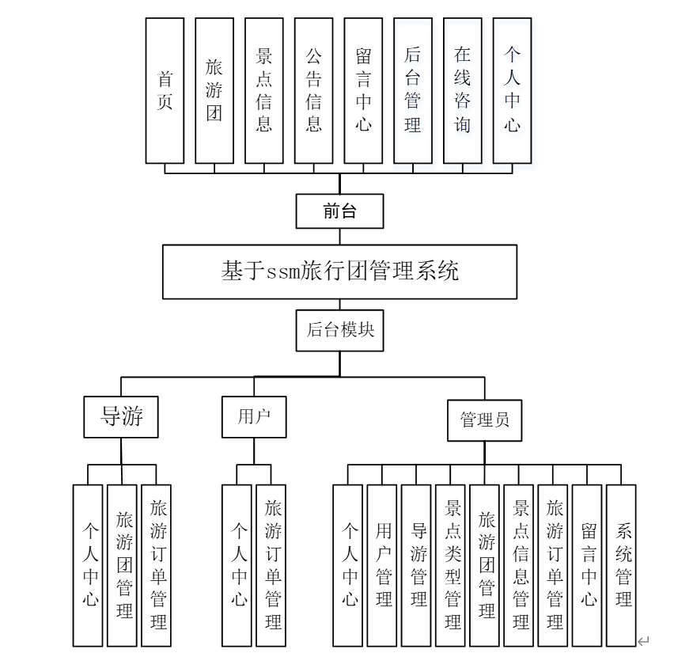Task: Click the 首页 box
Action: click(x=165, y=90)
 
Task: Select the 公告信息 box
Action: click(x=313, y=90)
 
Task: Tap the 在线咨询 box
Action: click(x=463, y=90)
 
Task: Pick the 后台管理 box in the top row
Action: click(x=413, y=90)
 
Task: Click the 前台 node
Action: click(x=339, y=211)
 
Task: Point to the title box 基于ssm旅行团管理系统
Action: click(x=339, y=271)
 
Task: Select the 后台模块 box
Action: click(x=339, y=330)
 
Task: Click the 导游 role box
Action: click(x=121, y=416)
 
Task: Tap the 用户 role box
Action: click(x=254, y=416)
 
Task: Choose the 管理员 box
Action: click(x=485, y=420)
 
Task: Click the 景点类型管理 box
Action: click(x=453, y=564)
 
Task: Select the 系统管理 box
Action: click(x=623, y=564)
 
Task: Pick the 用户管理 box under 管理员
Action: click(x=384, y=564)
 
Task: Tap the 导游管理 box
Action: click(x=418, y=564)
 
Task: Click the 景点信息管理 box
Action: click(x=521, y=564)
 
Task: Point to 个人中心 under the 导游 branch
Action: click(x=88, y=564)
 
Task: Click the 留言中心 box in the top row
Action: click(x=363, y=90)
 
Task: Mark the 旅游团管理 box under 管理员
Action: click(x=487, y=564)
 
